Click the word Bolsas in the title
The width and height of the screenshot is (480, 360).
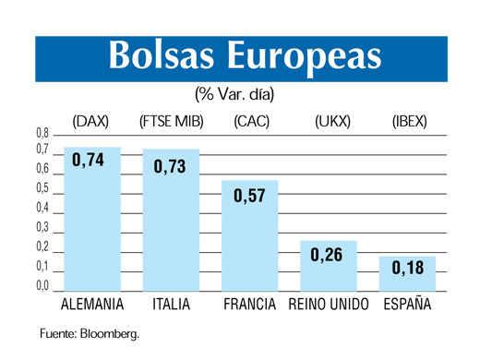159,56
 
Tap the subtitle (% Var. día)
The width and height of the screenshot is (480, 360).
234,94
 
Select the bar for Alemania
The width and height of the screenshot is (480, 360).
92,231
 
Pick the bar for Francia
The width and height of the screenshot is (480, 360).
249,245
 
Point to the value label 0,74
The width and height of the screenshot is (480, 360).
89,161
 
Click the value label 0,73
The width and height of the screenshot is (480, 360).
169,166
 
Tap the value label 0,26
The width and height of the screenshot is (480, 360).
327,255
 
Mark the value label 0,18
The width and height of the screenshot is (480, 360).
407,268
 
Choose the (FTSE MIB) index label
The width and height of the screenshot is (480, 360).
171,121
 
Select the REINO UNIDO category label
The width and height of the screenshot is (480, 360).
329,305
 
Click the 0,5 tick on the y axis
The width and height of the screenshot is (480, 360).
42,188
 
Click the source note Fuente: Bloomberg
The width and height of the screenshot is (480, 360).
88,333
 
